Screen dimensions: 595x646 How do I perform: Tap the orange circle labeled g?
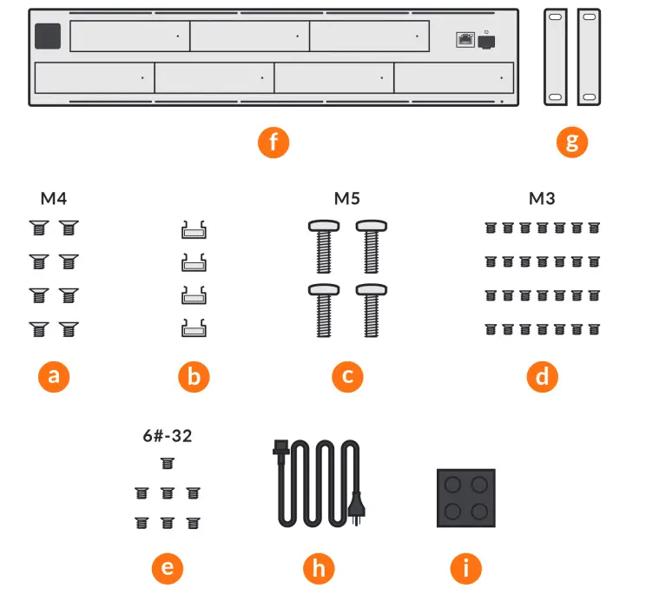pyautogui.click(x=571, y=142)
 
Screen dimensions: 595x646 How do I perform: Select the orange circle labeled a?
pyautogui.click(x=54, y=376)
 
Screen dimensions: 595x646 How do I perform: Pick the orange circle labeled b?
pyautogui.click(x=194, y=376)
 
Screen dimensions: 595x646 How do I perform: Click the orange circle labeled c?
pyautogui.click(x=347, y=376)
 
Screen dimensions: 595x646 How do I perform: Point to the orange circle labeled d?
pyautogui.click(x=542, y=376)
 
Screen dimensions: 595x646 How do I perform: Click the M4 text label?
pyautogui.click(x=54, y=199)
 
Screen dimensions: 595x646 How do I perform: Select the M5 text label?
pyautogui.click(x=347, y=199)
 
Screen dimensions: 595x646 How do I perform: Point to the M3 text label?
pyautogui.click(x=542, y=199)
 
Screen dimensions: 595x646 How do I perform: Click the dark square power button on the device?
pyautogui.click(x=47, y=36)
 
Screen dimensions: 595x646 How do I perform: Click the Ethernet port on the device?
pyautogui.click(x=465, y=40)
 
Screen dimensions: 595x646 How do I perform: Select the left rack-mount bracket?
pyautogui.click(x=555, y=57)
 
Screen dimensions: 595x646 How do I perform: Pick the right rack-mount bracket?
pyautogui.click(x=589, y=57)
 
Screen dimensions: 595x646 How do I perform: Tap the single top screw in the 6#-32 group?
pyautogui.click(x=167, y=465)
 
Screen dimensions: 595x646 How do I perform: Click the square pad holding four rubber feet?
pyautogui.click(x=465, y=498)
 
